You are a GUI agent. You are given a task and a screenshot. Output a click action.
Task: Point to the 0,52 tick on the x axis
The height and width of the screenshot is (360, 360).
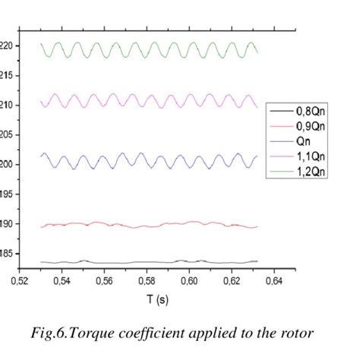(x=20, y=280)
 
